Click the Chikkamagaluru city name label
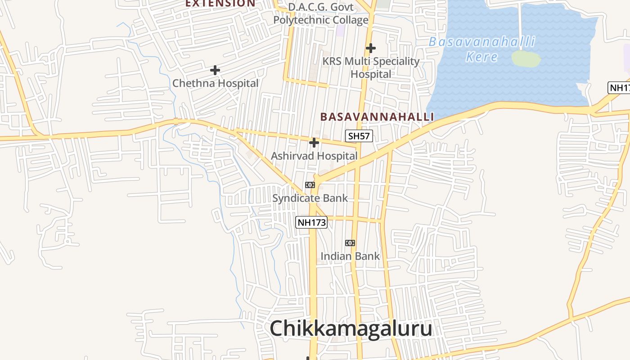351,328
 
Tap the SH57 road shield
359,135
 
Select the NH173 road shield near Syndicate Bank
311,222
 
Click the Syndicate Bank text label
310,198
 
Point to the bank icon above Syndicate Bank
310,185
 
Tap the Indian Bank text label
350,256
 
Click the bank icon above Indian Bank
350,243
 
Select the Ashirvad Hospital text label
314,156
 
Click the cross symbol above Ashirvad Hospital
314,143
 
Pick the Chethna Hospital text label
216,83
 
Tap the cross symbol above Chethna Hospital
215,70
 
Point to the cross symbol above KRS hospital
371,48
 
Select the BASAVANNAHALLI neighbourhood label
377,117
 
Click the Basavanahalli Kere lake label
482,49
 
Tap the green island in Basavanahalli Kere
526,58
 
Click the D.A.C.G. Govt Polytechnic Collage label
321,13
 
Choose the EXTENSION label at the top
220,4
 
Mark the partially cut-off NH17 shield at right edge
620,88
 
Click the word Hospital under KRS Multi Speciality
371,74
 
